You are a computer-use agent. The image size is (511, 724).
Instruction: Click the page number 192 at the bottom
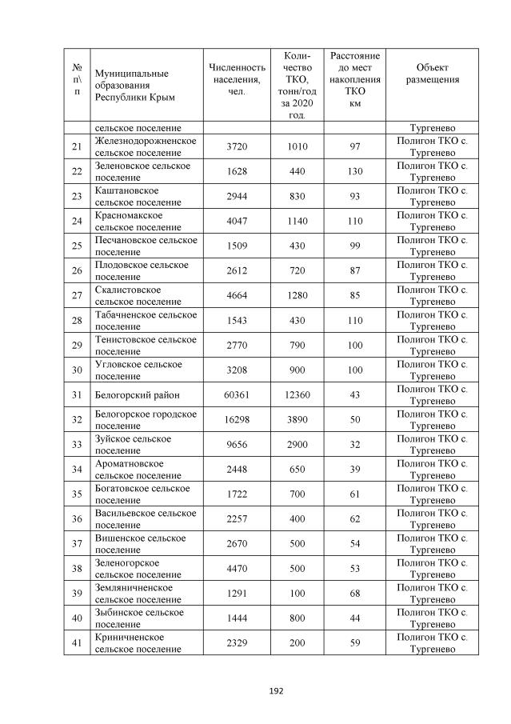coord(255,690)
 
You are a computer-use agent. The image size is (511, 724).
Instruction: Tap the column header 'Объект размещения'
coord(432,74)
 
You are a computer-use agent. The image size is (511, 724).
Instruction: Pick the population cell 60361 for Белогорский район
coord(236,395)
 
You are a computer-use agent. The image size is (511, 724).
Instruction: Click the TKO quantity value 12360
coord(297,395)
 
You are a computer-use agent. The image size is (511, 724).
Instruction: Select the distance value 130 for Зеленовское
coord(354,172)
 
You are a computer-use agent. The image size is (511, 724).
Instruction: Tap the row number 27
coord(77,296)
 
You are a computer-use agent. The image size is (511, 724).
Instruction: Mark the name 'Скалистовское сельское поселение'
coord(137,296)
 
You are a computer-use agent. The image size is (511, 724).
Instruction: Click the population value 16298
coord(236,420)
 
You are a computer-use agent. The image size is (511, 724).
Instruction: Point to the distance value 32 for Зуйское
coord(354,445)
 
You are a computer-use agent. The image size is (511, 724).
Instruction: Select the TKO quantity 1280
coord(297,296)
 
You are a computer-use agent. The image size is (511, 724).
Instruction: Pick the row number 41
coord(77,643)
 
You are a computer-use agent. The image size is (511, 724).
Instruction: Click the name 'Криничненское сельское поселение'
coord(137,643)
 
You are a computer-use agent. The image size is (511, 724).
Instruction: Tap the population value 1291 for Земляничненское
coord(236,594)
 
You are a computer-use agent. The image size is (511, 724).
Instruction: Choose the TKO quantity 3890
coord(297,420)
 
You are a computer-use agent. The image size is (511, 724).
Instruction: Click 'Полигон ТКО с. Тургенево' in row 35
coord(432,494)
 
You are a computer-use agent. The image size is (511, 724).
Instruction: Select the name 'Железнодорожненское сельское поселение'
coord(146,147)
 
